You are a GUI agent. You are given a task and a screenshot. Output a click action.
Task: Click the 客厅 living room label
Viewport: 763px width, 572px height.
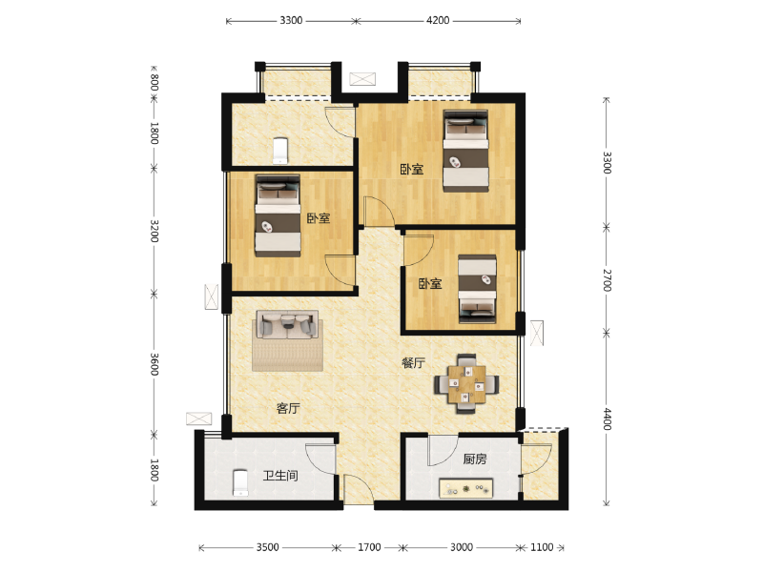coord(288,408)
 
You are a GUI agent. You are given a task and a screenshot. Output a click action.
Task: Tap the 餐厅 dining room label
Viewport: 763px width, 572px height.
coord(413,363)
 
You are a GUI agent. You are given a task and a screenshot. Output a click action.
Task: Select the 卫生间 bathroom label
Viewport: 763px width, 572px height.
coord(280,475)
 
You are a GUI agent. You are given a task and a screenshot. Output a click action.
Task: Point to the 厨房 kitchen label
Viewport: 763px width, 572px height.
coord(475,459)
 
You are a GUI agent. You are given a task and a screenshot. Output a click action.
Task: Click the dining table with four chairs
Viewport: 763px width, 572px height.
coord(465,383)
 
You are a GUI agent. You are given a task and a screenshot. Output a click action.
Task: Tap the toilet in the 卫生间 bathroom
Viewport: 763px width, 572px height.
coord(241,482)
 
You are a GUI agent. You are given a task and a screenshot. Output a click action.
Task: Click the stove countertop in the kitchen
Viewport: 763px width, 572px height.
coord(465,488)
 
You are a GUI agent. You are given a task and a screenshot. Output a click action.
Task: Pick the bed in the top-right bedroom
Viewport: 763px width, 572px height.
coord(465,151)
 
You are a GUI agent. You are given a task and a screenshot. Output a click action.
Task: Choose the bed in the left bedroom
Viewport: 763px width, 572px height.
coord(278,214)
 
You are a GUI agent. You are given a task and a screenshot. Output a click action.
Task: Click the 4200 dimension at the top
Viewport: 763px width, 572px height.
coord(438,20)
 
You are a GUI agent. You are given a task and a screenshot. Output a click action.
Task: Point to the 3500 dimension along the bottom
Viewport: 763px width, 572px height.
coord(268,548)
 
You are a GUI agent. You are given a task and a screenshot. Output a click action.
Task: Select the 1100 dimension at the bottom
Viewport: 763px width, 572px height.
coord(541,548)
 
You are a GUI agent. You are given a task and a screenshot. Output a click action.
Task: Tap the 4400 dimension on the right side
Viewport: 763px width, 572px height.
coord(607,419)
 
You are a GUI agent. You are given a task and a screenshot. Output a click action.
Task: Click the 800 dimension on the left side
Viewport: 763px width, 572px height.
coord(154,82)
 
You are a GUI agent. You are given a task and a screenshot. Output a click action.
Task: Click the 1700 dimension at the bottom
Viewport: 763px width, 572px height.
coord(369,548)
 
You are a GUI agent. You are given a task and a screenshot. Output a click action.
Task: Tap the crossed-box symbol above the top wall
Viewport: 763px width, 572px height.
coord(363,79)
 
